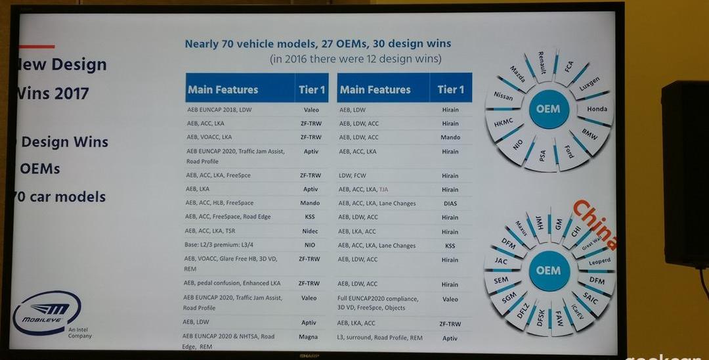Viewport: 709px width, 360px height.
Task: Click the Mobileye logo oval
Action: coord(47,313)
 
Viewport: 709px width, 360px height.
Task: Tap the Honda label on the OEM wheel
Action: coord(597,109)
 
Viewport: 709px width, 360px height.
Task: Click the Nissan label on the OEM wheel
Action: coord(504,97)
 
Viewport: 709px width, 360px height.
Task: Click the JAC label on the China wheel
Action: coord(501,261)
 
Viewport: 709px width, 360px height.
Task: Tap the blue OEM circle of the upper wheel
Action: coord(549,108)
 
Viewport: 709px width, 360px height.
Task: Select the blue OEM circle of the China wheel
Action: coord(548,271)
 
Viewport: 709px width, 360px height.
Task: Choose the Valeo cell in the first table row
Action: coord(311,110)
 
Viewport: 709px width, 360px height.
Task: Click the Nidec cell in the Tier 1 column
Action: coord(311,231)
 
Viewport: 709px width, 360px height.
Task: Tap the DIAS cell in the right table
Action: coord(450,203)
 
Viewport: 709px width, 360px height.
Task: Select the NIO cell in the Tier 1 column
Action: coord(310,245)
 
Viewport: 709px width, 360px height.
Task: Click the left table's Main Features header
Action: coord(223,89)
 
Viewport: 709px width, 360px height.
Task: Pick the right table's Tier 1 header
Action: coord(450,89)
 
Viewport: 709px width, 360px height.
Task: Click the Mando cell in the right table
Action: coord(450,137)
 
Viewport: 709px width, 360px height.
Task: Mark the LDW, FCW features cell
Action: coord(353,176)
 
